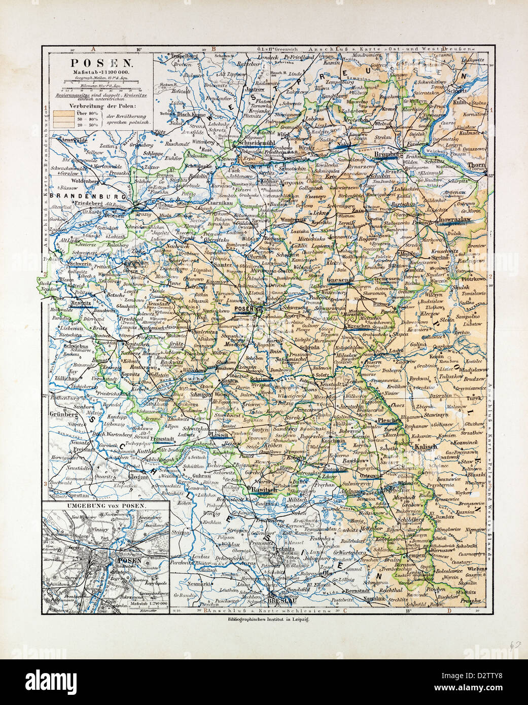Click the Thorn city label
(477, 165)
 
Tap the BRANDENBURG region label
(77, 195)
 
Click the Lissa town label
(219, 435)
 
